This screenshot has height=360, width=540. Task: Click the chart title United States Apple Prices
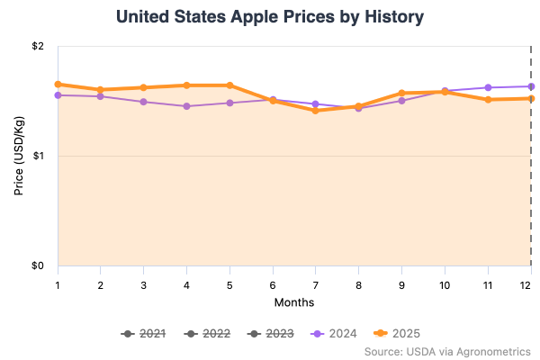[x=270, y=17]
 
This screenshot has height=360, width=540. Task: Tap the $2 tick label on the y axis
[x=38, y=46]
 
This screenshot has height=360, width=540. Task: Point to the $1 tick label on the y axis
[x=38, y=156]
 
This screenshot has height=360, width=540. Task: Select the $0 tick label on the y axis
[x=38, y=265]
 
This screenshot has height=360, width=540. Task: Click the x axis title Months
[x=294, y=301]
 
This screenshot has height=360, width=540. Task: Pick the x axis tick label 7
[x=316, y=283]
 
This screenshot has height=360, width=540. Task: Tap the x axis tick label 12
[x=530, y=283]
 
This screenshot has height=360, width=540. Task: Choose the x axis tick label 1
[x=58, y=283]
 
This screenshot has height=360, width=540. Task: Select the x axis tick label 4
[x=187, y=283]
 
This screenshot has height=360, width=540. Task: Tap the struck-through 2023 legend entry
[x=271, y=334]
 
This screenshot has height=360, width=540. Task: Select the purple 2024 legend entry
[x=335, y=334]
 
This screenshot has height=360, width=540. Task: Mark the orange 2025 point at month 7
[x=316, y=111]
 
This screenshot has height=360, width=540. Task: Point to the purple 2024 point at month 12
[x=530, y=86]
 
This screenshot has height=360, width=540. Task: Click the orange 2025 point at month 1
[x=58, y=85]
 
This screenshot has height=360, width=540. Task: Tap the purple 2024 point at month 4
[x=187, y=106]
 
